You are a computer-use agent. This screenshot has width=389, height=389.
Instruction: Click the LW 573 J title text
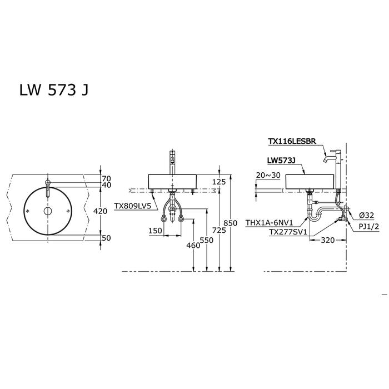[x=54, y=90]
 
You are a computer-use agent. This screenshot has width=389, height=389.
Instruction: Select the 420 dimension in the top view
[x=100, y=211]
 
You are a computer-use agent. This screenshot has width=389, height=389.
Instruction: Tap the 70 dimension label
[x=107, y=178]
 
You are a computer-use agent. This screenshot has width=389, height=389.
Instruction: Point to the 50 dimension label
[x=107, y=238]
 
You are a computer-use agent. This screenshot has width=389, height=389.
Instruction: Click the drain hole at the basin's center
[x=48, y=211]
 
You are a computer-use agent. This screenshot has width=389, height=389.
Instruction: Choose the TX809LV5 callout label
[x=132, y=206]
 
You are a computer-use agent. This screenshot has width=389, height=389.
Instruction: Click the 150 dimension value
[x=155, y=231]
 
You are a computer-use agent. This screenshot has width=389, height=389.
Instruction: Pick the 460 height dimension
[x=193, y=246]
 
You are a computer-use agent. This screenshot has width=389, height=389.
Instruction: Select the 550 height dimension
[x=207, y=240]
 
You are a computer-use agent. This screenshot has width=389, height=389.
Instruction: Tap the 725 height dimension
[x=220, y=231]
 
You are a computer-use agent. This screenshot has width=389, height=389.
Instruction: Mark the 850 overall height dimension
[x=231, y=223]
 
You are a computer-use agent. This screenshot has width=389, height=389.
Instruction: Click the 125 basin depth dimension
[x=219, y=182]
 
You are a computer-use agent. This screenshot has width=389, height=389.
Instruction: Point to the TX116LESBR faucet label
[x=292, y=141]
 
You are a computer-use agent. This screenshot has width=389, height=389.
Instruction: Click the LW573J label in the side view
[x=281, y=161]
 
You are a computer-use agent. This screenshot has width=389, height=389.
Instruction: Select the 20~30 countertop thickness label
[x=268, y=175]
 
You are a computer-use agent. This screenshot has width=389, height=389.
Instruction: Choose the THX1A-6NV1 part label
[x=270, y=223]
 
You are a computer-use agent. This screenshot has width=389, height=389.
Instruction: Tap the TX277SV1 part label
[x=288, y=232]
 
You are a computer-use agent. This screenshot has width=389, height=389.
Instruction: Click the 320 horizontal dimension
[x=328, y=240]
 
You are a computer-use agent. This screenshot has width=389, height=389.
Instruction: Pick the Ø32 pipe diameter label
[x=366, y=216]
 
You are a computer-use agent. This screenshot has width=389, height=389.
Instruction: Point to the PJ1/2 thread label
[x=369, y=227]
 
